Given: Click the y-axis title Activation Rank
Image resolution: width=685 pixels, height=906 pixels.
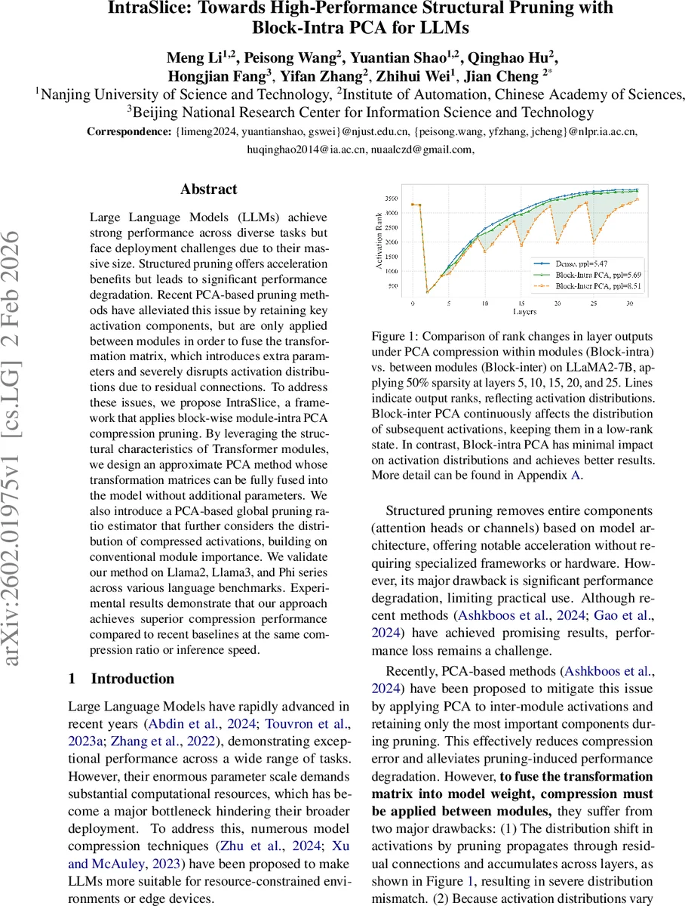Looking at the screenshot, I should coord(378,242).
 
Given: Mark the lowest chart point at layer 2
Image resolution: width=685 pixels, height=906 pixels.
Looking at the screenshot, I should coord(428,292).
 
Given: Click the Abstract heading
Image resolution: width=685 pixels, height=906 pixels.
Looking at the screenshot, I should coord(209,190).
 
